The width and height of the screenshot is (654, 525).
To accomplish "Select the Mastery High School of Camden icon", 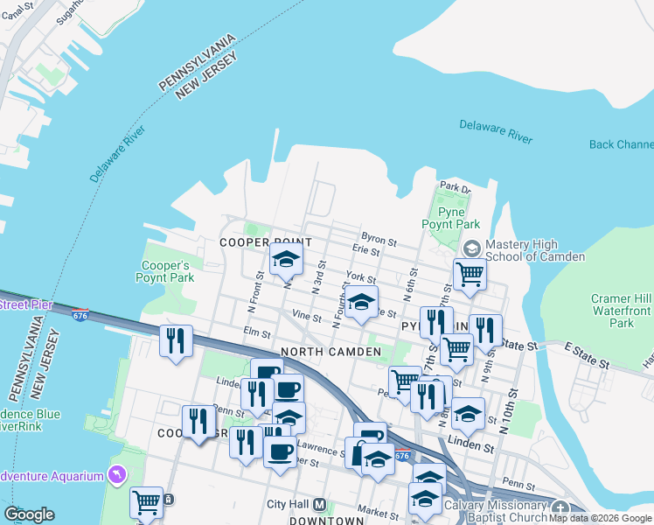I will (472, 248).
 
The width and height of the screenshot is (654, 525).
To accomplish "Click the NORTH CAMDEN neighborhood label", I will (330, 352).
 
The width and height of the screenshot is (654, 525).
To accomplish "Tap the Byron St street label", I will (379, 237).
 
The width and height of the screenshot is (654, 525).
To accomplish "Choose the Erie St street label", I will (365, 250).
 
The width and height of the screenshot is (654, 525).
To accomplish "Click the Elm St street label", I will (258, 332).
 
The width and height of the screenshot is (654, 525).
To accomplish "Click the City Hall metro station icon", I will (320, 505).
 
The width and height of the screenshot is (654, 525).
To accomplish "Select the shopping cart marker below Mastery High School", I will (470, 274).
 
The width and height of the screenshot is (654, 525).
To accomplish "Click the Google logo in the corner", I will (29, 514).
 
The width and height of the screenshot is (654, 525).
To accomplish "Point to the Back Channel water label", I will (621, 144).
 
